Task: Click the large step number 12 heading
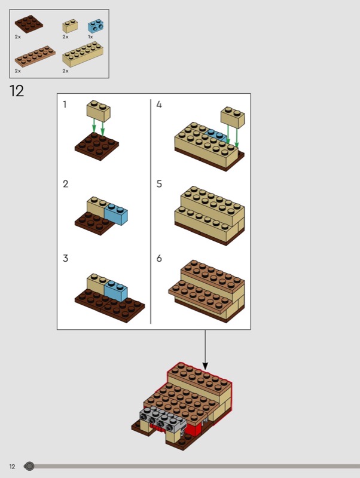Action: click(x=17, y=91)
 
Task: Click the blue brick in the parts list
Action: click(x=96, y=26)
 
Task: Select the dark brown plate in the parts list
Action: click(x=29, y=24)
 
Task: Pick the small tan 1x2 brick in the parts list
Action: click(x=70, y=26)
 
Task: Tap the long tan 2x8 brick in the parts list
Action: click(x=83, y=54)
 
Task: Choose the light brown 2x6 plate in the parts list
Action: click(x=35, y=56)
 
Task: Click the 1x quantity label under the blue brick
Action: click(x=90, y=37)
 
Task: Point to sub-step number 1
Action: click(x=65, y=105)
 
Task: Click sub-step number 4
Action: click(x=159, y=105)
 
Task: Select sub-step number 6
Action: click(x=159, y=259)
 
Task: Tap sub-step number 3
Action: click(x=65, y=259)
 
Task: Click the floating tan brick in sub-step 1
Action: click(x=99, y=111)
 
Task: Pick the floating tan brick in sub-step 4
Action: click(x=233, y=117)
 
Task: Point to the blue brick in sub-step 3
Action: click(x=116, y=290)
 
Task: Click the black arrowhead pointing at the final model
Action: click(x=205, y=366)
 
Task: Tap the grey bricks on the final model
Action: click(x=163, y=420)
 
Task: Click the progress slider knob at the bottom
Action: click(x=29, y=466)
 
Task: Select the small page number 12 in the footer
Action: click(x=12, y=467)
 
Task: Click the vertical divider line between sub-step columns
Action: click(x=151, y=212)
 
